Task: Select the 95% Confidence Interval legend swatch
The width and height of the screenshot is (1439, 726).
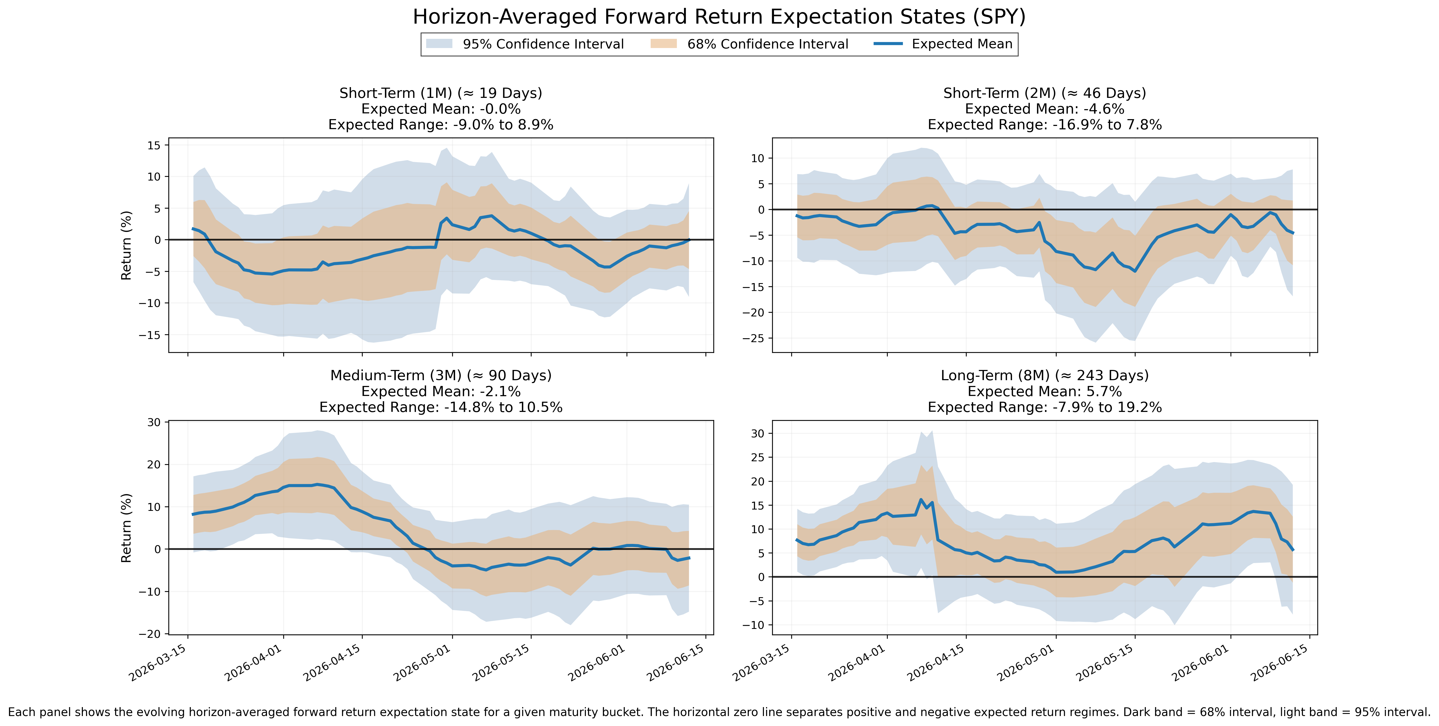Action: click(x=439, y=44)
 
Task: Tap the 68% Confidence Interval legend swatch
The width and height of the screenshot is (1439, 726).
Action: click(x=664, y=44)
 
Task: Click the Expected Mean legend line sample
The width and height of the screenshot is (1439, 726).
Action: click(x=888, y=44)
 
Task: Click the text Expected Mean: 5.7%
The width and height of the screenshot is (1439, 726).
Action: click(x=1045, y=391)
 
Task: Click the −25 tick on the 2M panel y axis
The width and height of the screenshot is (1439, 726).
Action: click(x=753, y=338)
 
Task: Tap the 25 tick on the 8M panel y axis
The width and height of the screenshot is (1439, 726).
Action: click(x=757, y=457)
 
